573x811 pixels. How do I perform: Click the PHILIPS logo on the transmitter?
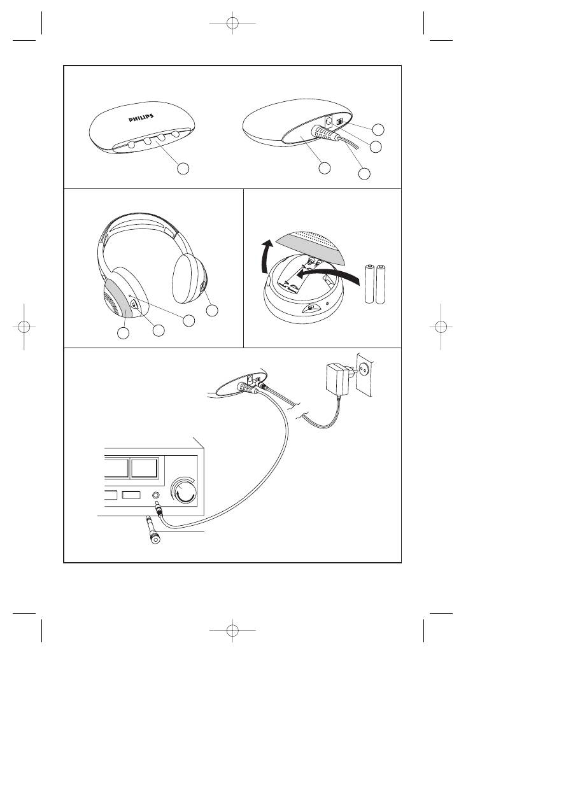click(141, 118)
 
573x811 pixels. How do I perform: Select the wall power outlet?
click(365, 375)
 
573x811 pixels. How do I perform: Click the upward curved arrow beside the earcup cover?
click(266, 257)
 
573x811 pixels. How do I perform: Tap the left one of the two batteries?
click(369, 284)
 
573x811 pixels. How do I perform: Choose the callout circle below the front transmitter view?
click(183, 168)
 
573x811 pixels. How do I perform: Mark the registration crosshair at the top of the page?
click(232, 23)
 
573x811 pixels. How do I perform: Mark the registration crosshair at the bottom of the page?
click(232, 630)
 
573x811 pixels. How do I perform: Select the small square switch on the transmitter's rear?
click(339, 122)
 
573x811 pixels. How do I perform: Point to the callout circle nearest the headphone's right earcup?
click(212, 310)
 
